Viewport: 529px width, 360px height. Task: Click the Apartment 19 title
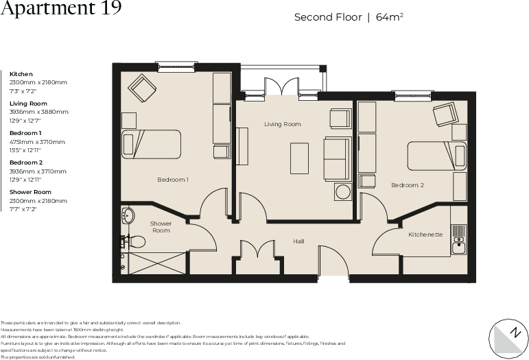[61, 9]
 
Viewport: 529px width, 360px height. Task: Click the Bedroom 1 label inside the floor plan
[173, 180]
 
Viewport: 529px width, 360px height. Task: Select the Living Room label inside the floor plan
[283, 124]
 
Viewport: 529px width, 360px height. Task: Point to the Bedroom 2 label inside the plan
[408, 185]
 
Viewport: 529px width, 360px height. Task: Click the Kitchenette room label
[425, 235]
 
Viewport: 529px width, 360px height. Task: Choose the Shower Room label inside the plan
[161, 227]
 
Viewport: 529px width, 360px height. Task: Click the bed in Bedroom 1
[151, 144]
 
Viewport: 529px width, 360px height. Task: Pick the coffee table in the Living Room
[299, 158]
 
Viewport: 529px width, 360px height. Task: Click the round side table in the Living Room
[342, 191]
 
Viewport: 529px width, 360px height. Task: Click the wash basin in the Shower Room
[128, 217]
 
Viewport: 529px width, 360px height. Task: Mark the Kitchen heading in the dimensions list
[21, 73]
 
